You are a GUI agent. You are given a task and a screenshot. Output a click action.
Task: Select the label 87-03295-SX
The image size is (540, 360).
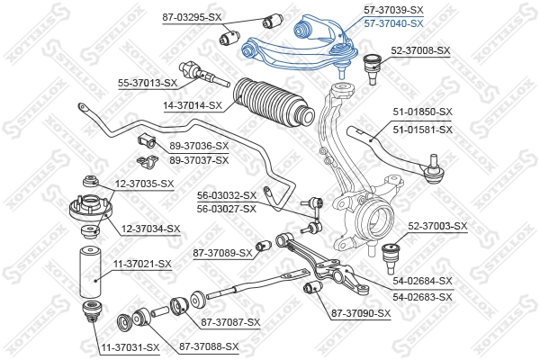192,17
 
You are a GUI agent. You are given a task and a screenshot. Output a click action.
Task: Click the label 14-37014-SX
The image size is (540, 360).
192,105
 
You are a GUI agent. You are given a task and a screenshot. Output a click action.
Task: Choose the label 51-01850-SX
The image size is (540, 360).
422,112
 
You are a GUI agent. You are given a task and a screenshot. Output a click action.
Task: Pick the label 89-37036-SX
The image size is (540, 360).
199,146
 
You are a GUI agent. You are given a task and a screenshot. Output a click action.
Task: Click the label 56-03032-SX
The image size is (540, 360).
227,194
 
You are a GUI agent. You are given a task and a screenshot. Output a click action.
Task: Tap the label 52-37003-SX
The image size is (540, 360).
437,226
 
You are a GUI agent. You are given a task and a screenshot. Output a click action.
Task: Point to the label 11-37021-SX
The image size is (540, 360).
141,264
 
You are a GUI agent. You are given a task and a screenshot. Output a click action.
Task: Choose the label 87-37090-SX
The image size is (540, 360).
361,313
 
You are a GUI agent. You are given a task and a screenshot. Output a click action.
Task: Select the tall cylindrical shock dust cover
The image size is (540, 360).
90,271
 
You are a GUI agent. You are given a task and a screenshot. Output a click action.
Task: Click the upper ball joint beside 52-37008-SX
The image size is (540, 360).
368,65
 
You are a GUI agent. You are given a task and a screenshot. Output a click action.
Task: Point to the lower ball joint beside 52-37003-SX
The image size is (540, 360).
392,251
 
